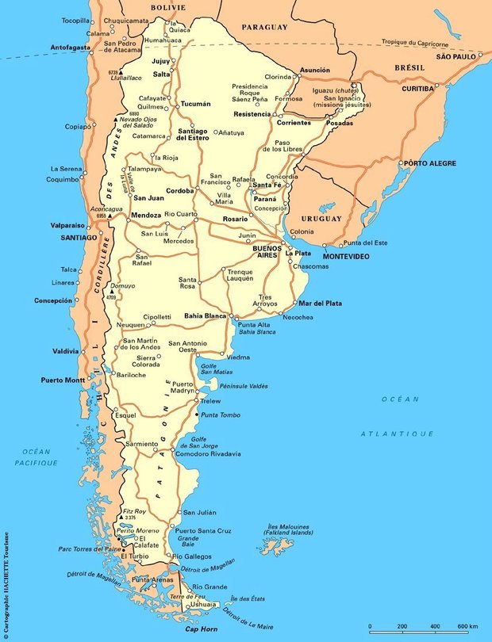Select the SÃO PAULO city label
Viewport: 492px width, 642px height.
click(x=455, y=57)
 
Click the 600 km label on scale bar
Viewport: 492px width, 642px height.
click(x=468, y=628)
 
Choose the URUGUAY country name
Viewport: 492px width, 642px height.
click(x=321, y=218)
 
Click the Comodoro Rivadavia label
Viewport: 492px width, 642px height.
click(x=208, y=453)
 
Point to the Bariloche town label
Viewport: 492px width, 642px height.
click(x=132, y=375)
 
